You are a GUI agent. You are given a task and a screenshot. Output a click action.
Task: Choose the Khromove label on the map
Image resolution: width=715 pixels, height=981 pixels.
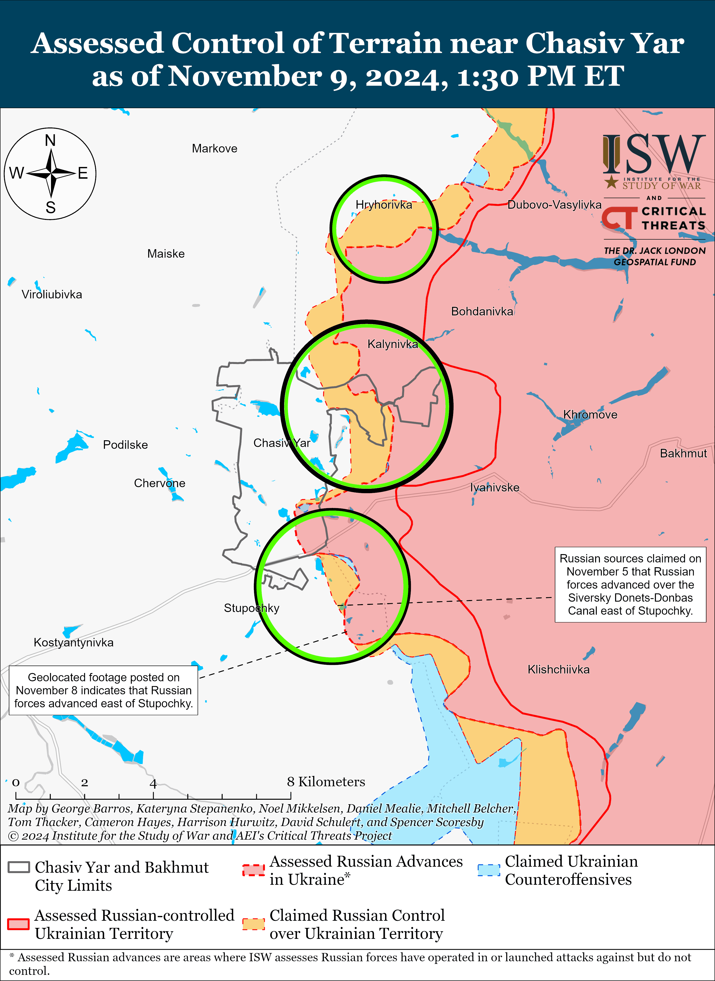pos(590,415)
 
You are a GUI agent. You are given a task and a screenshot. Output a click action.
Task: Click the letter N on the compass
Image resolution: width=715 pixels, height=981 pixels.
pos(50,141)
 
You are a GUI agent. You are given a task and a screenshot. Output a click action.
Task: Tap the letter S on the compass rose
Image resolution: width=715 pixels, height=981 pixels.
pos(51,208)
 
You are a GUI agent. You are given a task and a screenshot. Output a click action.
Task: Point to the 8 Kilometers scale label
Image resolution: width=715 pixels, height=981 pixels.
pos(326,782)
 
